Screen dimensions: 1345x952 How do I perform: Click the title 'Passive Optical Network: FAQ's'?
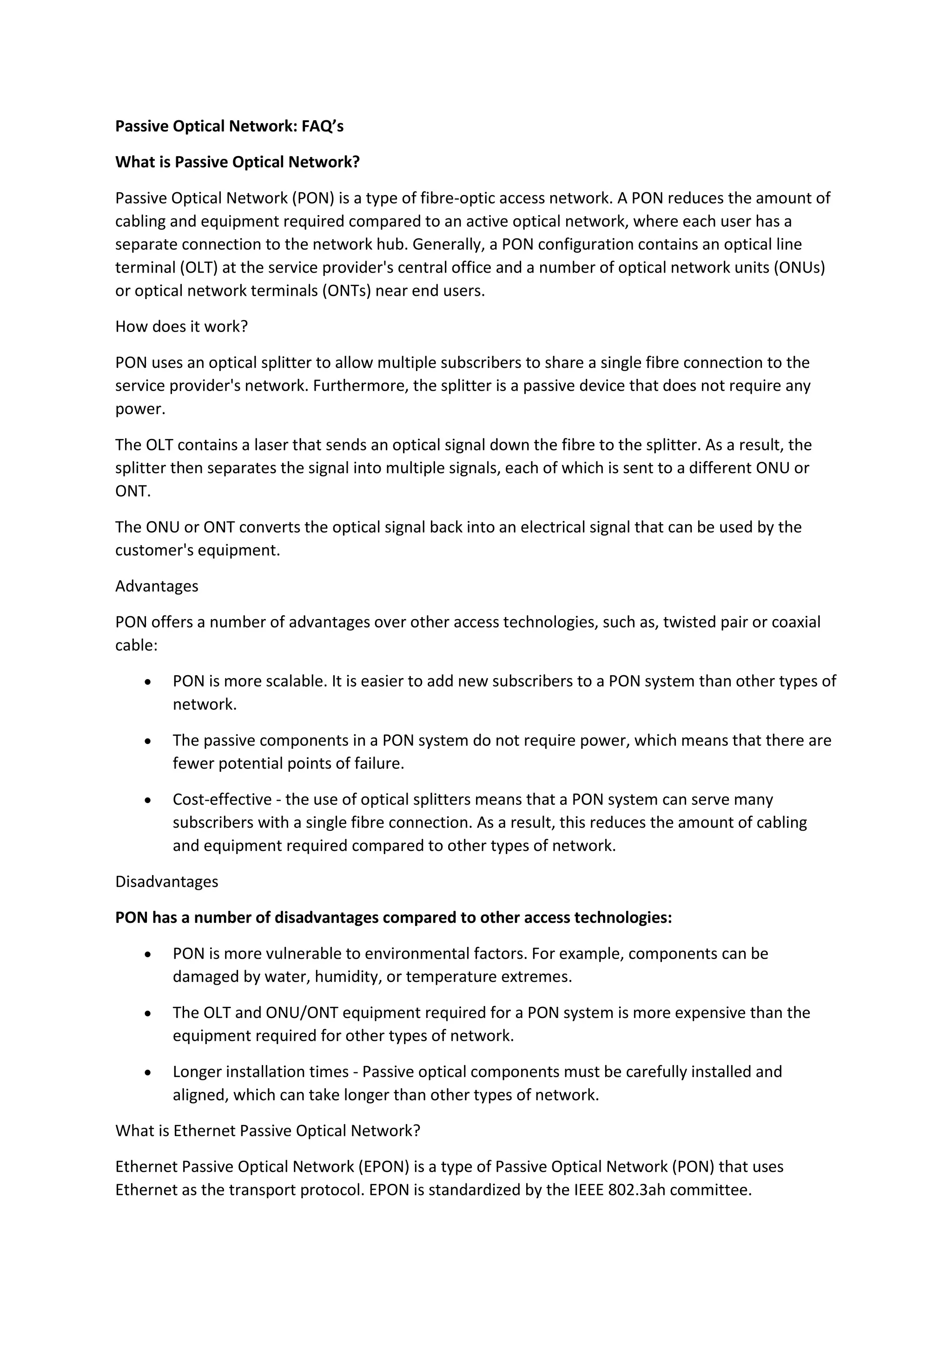pos(229,126)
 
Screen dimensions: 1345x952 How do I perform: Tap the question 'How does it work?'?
pos(181,327)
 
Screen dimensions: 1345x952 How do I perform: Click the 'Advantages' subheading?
pos(157,587)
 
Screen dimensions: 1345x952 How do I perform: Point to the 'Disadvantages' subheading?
pos(166,881)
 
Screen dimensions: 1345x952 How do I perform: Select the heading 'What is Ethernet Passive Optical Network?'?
pos(268,1130)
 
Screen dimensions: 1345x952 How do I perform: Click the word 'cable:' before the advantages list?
pos(136,646)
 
